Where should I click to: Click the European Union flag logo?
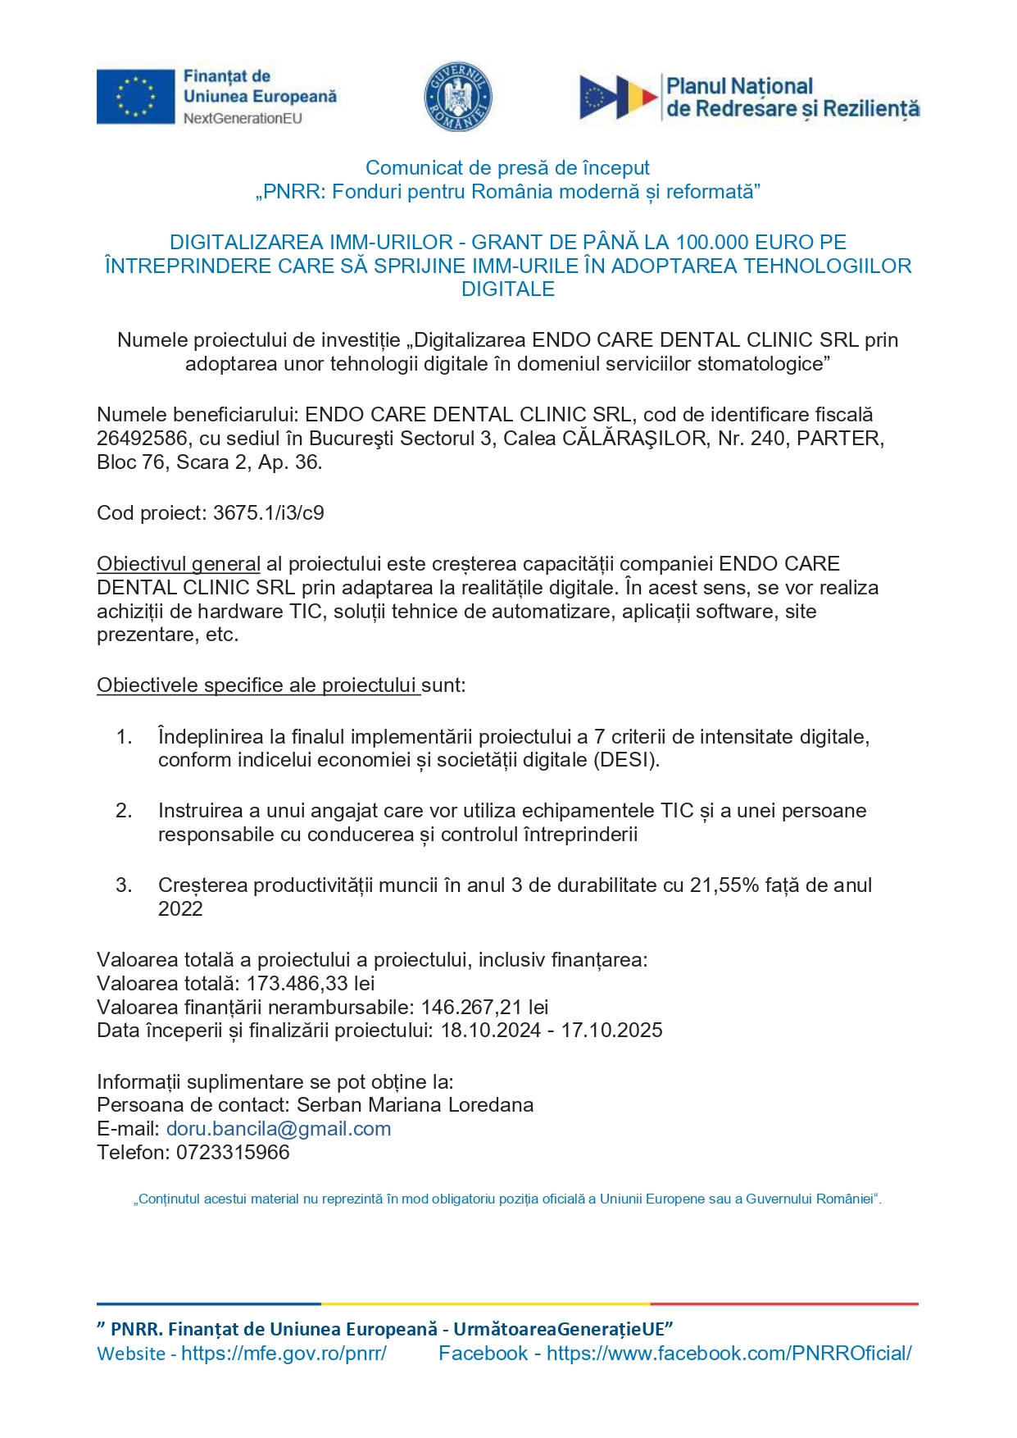(135, 97)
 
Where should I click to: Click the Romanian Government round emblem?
(457, 97)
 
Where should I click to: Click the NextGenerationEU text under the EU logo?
(243, 119)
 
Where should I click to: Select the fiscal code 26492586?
(142, 439)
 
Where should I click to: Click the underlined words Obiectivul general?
(179, 564)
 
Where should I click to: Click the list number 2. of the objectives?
(124, 811)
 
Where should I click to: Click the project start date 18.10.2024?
(491, 1031)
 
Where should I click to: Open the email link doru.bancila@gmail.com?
(279, 1129)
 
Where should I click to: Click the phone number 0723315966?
(233, 1153)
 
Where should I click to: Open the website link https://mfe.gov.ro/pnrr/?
(284, 1354)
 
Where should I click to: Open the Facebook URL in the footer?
(729, 1354)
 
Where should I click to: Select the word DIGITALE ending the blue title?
(508, 289)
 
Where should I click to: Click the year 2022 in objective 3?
(180, 909)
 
